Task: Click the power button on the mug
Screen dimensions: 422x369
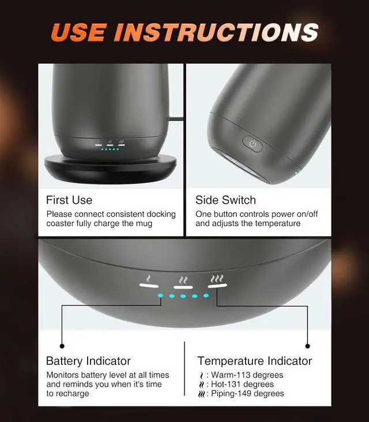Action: (x=252, y=144)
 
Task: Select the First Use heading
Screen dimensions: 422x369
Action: (x=69, y=200)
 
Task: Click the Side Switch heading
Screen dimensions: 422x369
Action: (x=225, y=200)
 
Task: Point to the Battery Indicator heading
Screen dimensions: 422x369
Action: (x=88, y=361)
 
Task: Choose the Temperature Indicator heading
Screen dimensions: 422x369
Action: (x=254, y=361)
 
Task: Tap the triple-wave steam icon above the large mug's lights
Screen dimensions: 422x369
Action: (x=217, y=278)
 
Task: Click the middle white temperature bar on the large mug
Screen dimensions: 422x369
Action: (x=183, y=285)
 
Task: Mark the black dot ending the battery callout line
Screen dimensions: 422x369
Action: (x=62, y=346)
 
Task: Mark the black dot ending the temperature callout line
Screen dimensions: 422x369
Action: (x=307, y=346)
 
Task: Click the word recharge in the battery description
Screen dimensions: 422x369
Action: (x=72, y=394)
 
